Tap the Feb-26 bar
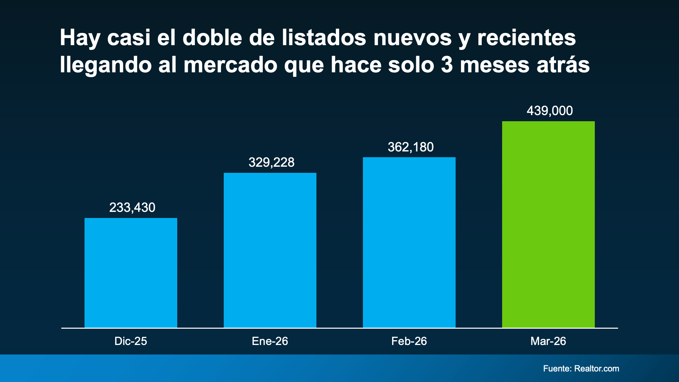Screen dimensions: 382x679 [409, 242]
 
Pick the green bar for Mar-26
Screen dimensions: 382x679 [548, 224]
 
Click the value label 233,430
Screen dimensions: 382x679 [132, 207]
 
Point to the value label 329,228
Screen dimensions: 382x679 [271, 162]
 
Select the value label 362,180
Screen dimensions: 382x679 [410, 147]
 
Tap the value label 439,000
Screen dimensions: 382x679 [550, 111]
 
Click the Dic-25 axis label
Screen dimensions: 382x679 [131, 341]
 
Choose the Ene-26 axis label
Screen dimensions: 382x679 [270, 341]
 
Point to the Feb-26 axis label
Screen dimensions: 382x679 [409, 341]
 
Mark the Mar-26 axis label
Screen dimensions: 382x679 [548, 341]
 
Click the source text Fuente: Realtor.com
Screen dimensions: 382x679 [581, 368]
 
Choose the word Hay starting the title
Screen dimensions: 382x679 [80, 38]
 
